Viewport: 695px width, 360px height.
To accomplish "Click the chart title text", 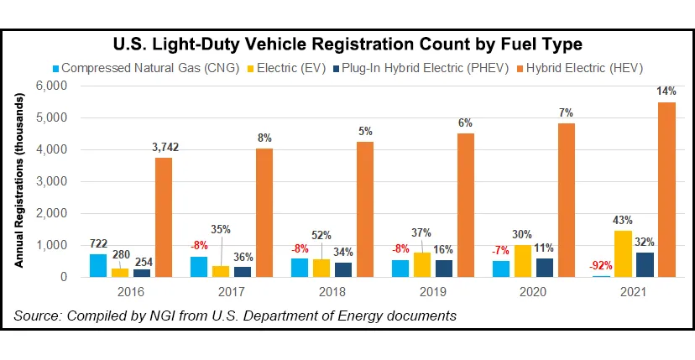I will pyautogui.click(x=347, y=43).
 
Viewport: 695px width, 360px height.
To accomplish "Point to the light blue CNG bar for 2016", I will pyautogui.click(x=99, y=265).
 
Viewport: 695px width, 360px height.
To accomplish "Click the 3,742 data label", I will pyautogui.click(x=165, y=148).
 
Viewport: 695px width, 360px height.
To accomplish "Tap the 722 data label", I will pyautogui.click(x=99, y=243).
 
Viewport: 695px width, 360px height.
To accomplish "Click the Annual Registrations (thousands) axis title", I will pyautogui.click(x=18, y=181).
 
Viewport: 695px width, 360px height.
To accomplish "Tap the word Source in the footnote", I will pyautogui.click(x=36, y=316).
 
